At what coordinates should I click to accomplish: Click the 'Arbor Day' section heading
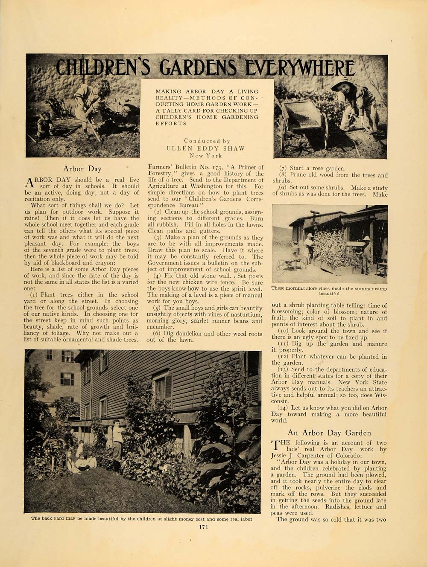tap(82, 169)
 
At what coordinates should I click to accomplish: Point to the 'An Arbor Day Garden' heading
tap(329, 433)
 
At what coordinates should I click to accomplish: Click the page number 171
tap(203, 527)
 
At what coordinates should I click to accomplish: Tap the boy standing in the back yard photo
tap(117, 444)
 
